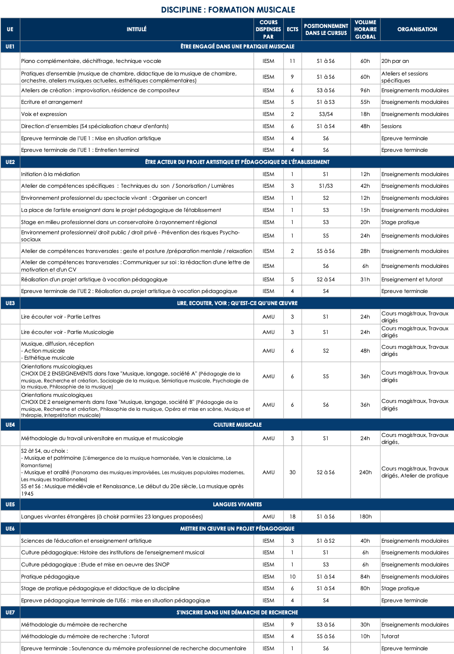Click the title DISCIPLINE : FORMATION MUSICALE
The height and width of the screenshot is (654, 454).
pyautogui.click(x=228, y=10)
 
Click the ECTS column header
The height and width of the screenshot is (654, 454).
pyautogui.click(x=292, y=29)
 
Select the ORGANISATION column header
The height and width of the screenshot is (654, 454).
pyautogui.click(x=417, y=29)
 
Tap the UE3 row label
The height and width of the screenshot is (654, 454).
pyautogui.click(x=10, y=303)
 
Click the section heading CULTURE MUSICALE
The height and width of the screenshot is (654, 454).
pyautogui.click(x=237, y=425)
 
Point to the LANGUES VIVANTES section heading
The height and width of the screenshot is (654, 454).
pyautogui.click(x=237, y=504)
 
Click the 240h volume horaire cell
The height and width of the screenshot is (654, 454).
pyautogui.click(x=365, y=472)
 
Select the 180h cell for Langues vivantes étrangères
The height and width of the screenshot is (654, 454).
pyautogui.click(x=365, y=517)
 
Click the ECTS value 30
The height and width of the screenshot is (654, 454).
pyautogui.click(x=292, y=472)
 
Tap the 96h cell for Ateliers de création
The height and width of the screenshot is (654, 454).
pyautogui.click(x=365, y=90)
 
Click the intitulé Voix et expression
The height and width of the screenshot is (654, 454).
pyautogui.click(x=44, y=114)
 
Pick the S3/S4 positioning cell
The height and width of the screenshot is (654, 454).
pyautogui.click(x=326, y=114)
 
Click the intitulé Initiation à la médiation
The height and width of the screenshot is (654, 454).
pyautogui.click(x=50, y=174)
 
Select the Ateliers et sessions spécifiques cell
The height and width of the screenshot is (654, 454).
pyautogui.click(x=405, y=77)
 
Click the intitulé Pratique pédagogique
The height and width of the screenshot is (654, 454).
pyautogui.click(x=50, y=577)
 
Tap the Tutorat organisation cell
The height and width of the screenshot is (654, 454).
pyautogui.click(x=390, y=636)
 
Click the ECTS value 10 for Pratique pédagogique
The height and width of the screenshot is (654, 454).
pyautogui.click(x=292, y=577)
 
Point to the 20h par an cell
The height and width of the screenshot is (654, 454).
pyautogui.click(x=395, y=61)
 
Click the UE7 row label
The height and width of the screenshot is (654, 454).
pyautogui.click(x=10, y=613)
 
